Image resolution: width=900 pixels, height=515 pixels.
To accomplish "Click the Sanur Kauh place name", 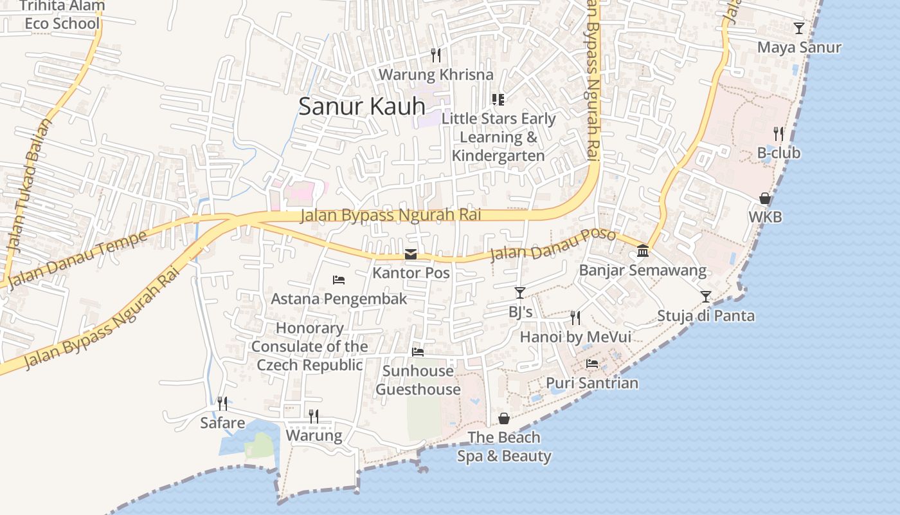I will coord(362,106).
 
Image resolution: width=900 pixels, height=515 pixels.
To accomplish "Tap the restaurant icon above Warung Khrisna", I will coord(436,55).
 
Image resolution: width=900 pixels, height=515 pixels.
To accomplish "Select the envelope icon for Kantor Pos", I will coord(411,254).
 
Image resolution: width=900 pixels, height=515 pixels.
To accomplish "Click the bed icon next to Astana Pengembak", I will coord(339,280).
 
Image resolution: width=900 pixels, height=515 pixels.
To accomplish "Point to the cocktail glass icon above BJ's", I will coord(520,293).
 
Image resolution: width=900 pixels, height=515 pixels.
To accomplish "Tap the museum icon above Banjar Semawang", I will coord(643,251).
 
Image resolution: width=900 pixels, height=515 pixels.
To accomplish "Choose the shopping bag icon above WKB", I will coord(765,198).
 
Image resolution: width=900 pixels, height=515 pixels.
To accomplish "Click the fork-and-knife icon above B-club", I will coord(779,134).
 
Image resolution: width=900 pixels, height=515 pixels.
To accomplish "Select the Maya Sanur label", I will coord(799,48).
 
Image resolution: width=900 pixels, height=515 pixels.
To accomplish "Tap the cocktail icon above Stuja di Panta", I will coord(706,297).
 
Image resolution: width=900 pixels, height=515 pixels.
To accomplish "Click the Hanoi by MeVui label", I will coord(575,337).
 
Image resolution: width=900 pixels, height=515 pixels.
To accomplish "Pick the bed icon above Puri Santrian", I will coord(592,364).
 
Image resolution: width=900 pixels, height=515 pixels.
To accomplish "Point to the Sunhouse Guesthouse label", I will coord(418,380).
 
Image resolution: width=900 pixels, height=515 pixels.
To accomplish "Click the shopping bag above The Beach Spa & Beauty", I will coord(504,419).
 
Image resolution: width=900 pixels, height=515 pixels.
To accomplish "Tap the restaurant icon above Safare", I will coord(222,404).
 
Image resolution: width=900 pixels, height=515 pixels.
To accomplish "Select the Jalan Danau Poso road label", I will coord(553,246).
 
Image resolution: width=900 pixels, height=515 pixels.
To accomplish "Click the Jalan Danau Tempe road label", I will coord(78,259).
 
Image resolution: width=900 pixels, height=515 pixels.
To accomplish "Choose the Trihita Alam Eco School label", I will coord(62,15).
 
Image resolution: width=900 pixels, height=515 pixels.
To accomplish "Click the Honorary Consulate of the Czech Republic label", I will coord(309,346).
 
